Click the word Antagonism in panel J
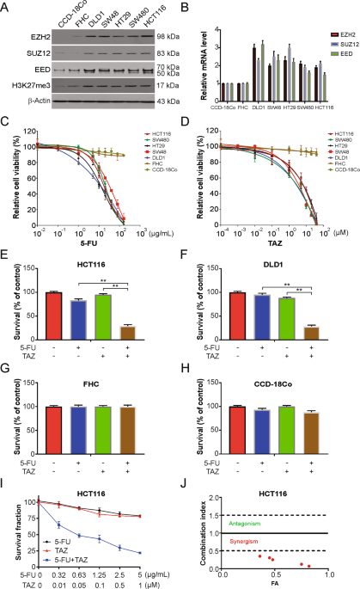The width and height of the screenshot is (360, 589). click(251, 523)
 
